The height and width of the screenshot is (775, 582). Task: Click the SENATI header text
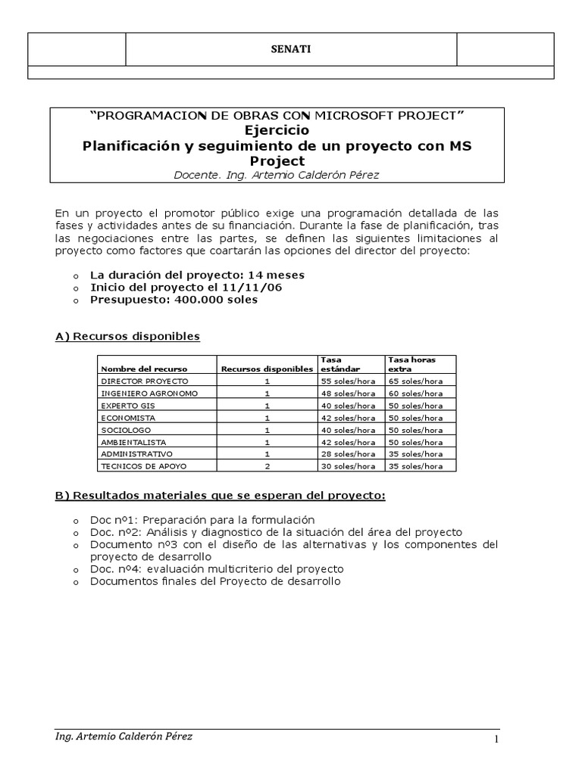(x=291, y=50)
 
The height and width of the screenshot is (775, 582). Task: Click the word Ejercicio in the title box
(x=277, y=129)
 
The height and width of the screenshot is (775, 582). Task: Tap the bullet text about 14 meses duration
(x=197, y=275)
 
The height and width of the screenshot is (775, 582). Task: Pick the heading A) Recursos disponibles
(x=127, y=336)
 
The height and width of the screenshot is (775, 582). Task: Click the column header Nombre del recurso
(x=133, y=369)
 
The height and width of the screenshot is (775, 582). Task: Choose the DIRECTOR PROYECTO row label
(x=145, y=381)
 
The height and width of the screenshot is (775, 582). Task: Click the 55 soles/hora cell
(x=348, y=381)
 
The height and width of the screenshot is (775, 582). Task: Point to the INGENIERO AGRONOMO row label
(x=149, y=393)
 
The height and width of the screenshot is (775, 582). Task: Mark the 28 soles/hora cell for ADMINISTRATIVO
(x=348, y=453)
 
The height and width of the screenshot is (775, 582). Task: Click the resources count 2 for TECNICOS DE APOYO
(x=268, y=465)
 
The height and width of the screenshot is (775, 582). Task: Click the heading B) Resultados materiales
(x=221, y=496)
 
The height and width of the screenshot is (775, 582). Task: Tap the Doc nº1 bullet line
(x=202, y=520)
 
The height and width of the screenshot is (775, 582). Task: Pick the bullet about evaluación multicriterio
(x=217, y=568)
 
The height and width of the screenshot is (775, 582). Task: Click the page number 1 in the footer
(x=497, y=740)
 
